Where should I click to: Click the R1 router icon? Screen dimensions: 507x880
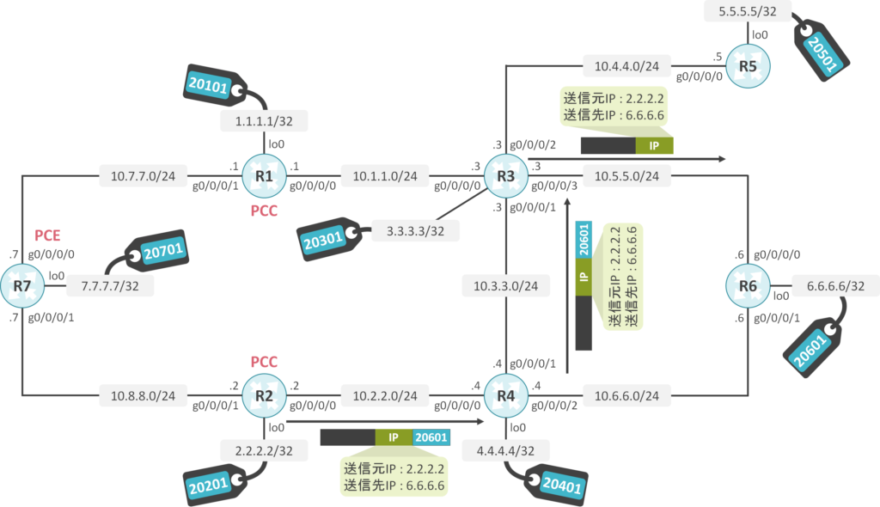pos(263,177)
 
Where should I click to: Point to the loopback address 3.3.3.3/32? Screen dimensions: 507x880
pos(416,230)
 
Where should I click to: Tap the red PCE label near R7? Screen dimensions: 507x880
pos(47,235)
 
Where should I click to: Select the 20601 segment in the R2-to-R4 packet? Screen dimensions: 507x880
pos(431,437)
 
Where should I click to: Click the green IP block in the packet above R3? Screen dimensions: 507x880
pos(654,145)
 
